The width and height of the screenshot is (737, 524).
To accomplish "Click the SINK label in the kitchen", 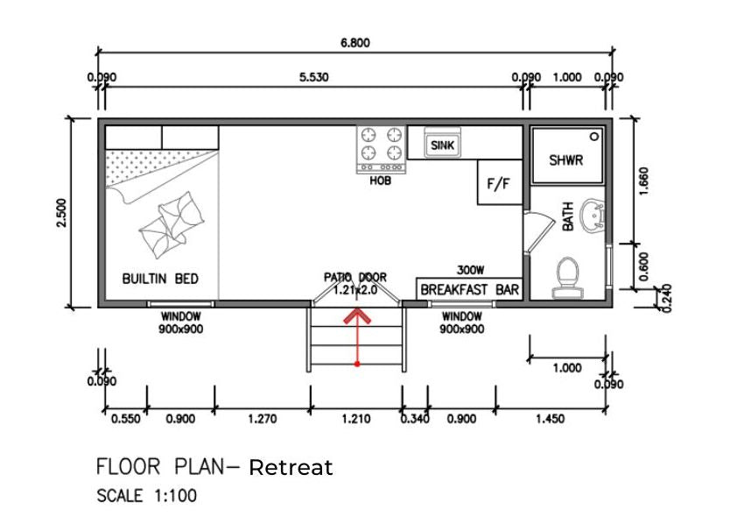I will [442, 146].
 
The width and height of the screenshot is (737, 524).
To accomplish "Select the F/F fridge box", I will [499, 184].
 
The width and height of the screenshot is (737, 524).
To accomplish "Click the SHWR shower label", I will [565, 160].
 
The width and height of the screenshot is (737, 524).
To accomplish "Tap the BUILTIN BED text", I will [160, 279].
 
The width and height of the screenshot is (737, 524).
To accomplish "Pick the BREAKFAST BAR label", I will [470, 289].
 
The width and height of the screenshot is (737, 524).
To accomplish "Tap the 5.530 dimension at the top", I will [313, 77].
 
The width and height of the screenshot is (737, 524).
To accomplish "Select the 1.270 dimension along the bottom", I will [262, 419].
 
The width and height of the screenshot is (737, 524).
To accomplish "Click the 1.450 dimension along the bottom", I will [550, 419].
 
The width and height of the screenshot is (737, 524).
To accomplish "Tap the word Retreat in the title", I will [291, 467].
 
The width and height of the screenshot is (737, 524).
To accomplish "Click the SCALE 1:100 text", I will [146, 496].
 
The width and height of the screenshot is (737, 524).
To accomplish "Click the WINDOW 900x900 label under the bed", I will [180, 322].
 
